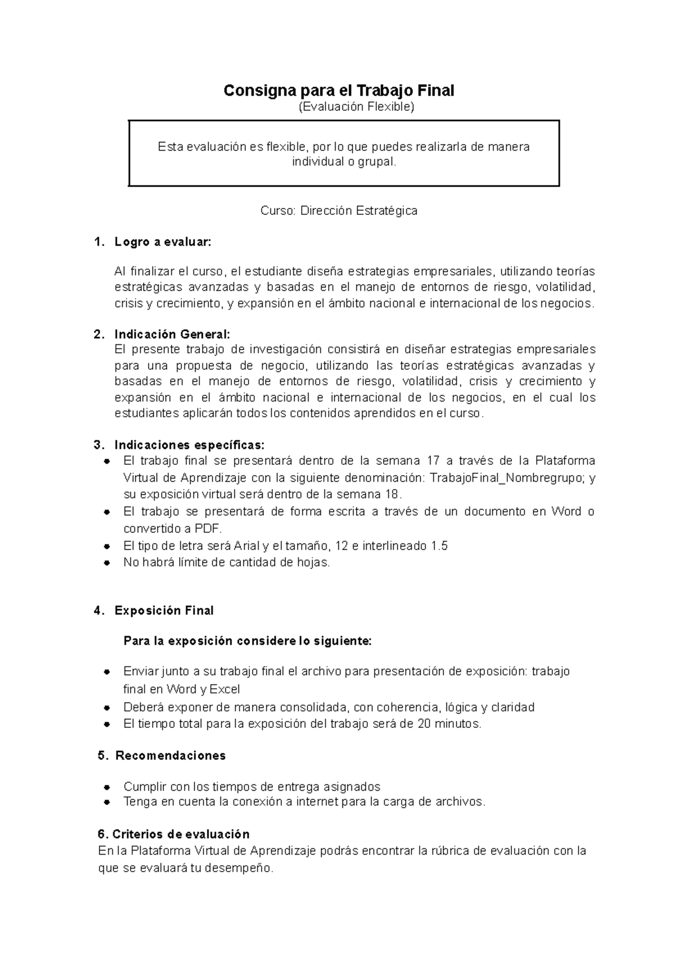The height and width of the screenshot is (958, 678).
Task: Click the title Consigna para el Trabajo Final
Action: [339, 90]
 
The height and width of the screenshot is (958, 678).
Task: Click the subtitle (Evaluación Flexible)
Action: [357, 107]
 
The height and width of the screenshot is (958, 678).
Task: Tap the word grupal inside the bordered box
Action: [373, 162]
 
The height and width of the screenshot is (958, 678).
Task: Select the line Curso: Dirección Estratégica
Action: [338, 211]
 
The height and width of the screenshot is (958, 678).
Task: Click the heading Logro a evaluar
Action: [163, 243]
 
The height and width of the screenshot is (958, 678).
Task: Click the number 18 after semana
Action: [392, 494]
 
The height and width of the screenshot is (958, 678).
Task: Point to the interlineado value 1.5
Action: [439, 546]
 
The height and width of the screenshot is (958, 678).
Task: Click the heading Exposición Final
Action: [164, 611]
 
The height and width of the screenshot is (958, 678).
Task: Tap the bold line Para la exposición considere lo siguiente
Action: [247, 641]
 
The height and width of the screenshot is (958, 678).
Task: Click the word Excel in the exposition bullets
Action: [225, 689]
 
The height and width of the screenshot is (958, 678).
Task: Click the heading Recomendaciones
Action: [171, 756]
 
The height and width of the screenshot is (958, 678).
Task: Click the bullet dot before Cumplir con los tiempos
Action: [106, 787]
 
